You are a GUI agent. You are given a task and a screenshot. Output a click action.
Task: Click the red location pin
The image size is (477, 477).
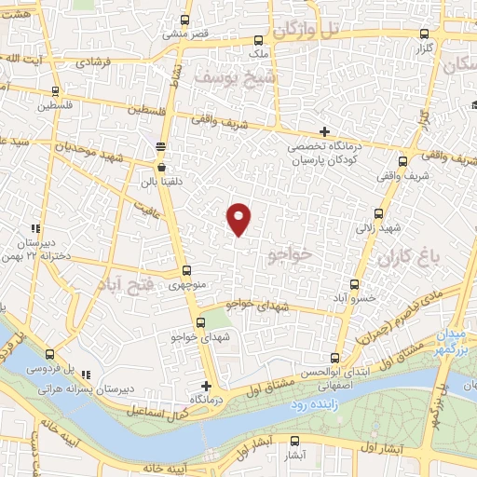(239, 218)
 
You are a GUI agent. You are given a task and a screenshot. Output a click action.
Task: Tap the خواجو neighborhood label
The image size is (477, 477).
(290, 252)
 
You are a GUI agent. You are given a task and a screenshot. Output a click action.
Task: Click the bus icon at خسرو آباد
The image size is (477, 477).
(353, 285)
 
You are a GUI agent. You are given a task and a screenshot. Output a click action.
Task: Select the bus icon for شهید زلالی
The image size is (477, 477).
(377, 213)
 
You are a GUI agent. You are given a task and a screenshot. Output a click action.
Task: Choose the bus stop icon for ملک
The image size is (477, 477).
(260, 41)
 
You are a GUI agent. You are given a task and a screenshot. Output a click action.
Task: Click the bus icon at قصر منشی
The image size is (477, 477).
(185, 20)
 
